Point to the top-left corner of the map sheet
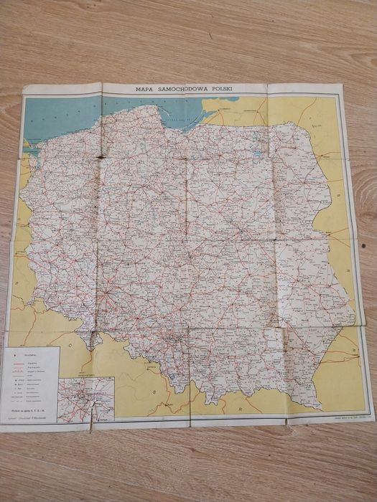point(24,87)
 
